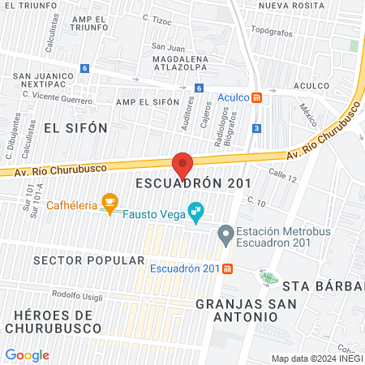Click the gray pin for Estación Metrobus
(x=225, y=236)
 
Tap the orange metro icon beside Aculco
(x=257, y=97)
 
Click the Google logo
(x=27, y=354)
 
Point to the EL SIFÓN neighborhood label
(x=64, y=127)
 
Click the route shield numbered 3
(x=256, y=128)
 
